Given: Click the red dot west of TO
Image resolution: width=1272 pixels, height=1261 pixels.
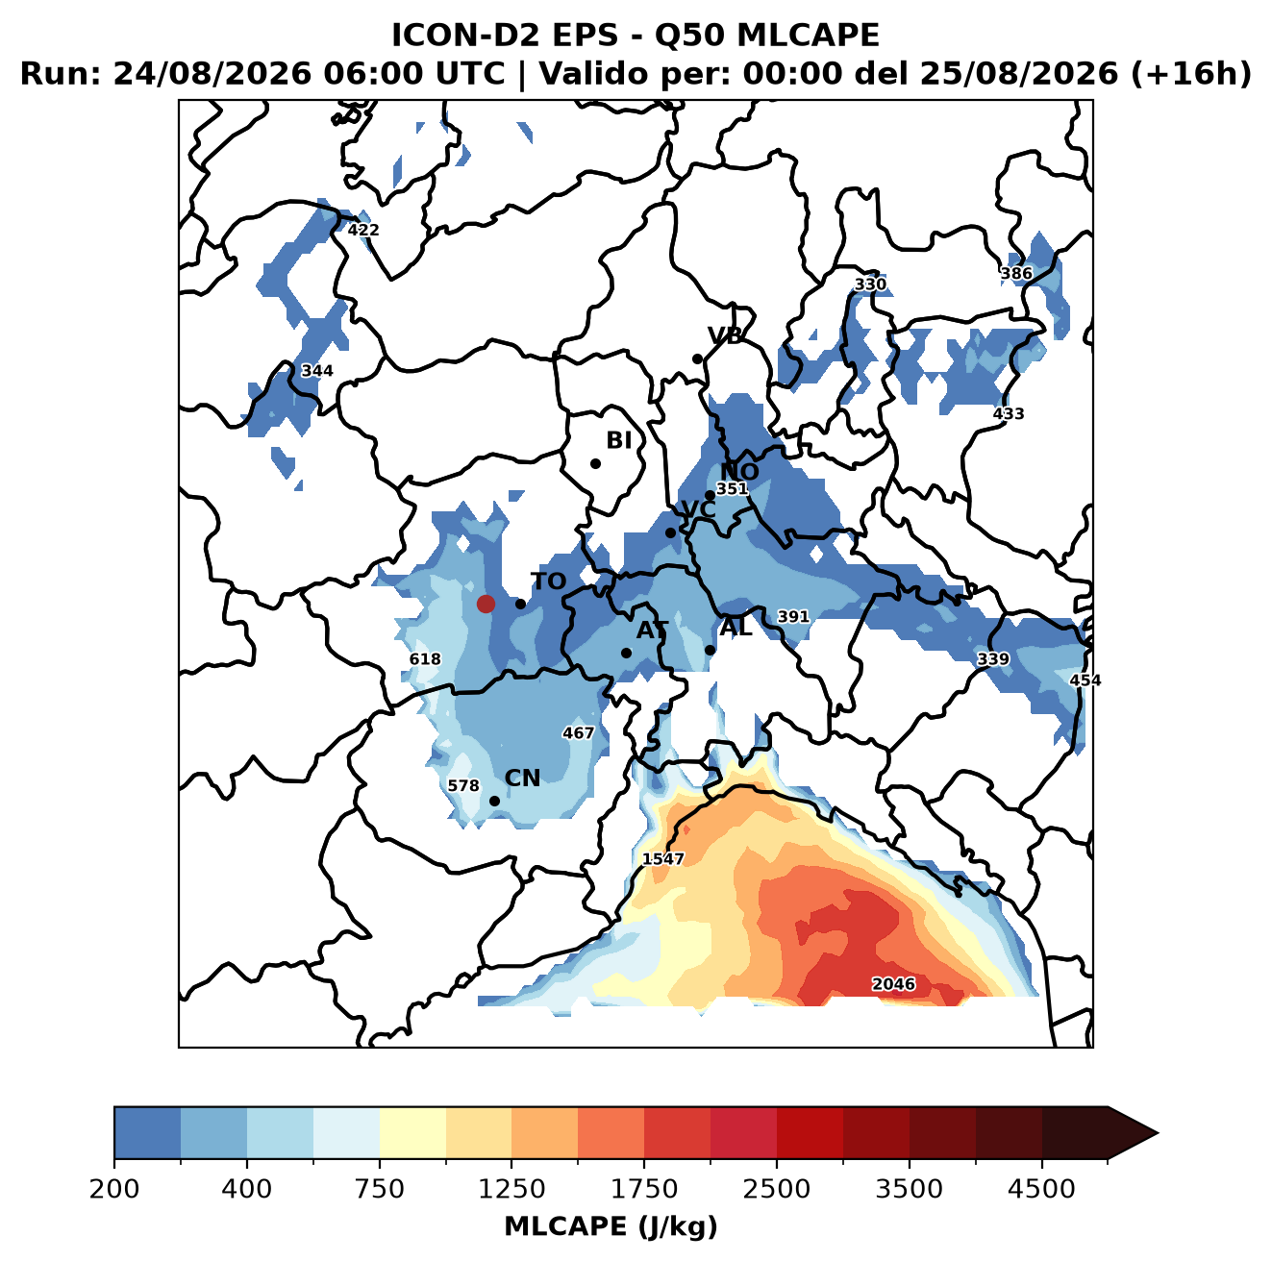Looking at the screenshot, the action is (x=486, y=604).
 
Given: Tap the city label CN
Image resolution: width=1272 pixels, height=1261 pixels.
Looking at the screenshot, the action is (x=522, y=779).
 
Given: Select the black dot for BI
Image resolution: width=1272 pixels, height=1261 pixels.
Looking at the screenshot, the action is (x=595, y=464).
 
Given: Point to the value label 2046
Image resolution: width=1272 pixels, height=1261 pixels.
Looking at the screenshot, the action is (x=893, y=984).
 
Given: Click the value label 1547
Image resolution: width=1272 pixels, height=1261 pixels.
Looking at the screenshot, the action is (x=662, y=858).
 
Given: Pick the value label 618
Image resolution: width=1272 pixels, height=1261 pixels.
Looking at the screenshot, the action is (x=424, y=659).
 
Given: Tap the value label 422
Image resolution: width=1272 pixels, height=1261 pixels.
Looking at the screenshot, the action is (x=363, y=231).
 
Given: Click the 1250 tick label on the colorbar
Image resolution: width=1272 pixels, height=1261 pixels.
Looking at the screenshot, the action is (x=511, y=1189).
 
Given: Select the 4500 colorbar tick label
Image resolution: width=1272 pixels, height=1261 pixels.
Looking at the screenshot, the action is (x=1041, y=1189).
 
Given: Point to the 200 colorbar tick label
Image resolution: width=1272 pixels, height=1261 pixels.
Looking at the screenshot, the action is (x=114, y=1189).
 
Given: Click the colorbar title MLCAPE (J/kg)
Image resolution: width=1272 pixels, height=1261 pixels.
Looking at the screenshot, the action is (x=610, y=1226).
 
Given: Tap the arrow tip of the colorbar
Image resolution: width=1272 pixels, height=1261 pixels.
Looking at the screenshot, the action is (x=1158, y=1134).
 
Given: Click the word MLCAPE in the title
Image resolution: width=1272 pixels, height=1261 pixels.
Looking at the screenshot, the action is (x=808, y=35).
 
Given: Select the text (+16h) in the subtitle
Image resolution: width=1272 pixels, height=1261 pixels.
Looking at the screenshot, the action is (x=1191, y=73).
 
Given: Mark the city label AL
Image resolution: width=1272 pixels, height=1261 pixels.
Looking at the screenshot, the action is (x=736, y=628).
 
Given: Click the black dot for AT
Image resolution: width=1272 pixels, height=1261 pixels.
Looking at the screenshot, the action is (x=626, y=654).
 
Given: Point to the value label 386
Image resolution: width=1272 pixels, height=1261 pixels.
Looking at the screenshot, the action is (x=1016, y=274).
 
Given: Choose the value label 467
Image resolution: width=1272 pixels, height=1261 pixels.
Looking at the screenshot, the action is (x=578, y=733).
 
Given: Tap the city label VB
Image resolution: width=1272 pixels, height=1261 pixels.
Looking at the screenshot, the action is (x=725, y=335).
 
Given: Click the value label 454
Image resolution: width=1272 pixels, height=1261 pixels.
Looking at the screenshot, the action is (x=1085, y=680).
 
